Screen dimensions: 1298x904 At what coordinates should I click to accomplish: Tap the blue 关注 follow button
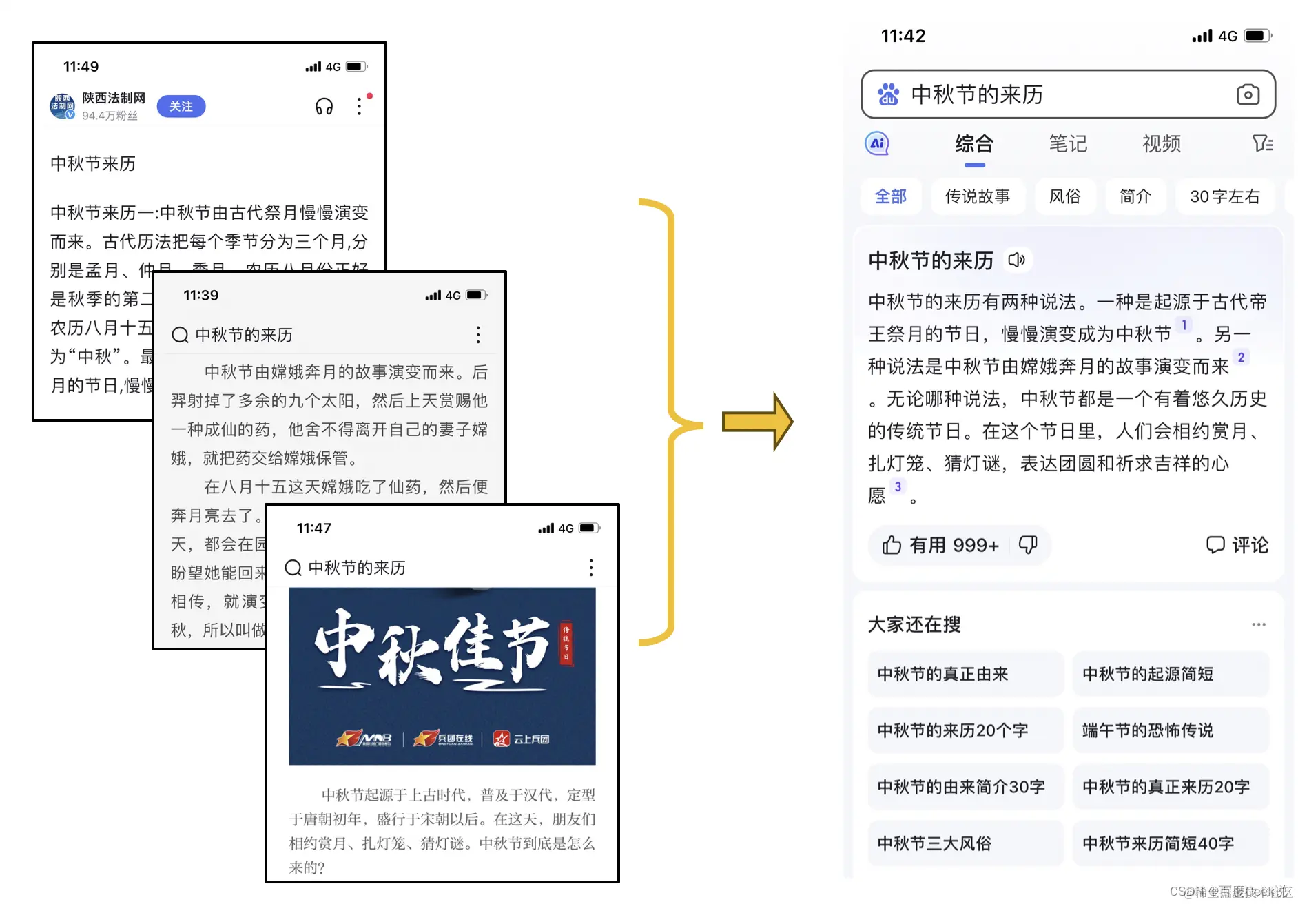pyautogui.click(x=181, y=107)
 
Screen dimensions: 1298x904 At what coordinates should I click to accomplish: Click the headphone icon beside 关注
pyautogui.click(x=324, y=107)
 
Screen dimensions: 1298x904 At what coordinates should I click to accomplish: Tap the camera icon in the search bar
pyautogui.click(x=1248, y=94)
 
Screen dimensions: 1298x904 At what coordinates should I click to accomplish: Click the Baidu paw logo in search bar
pyautogui.click(x=888, y=94)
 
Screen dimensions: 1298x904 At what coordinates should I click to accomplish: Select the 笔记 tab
pyautogui.click(x=1067, y=143)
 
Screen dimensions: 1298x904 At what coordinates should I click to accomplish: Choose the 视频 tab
pyautogui.click(x=1161, y=143)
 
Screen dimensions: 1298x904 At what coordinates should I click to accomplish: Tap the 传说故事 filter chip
pyautogui.click(x=977, y=196)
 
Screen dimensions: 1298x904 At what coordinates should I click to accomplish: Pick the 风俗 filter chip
pyautogui.click(x=1064, y=196)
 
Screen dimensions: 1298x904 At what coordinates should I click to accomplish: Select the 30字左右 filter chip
pyautogui.click(x=1224, y=196)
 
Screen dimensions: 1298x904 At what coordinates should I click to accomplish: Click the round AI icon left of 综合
pyautogui.click(x=877, y=143)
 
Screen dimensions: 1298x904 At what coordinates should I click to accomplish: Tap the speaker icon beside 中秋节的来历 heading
pyautogui.click(x=1017, y=260)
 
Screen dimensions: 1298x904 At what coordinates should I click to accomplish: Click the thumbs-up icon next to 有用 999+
pyautogui.click(x=892, y=545)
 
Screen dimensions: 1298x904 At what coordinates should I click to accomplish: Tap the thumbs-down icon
pyautogui.click(x=1028, y=545)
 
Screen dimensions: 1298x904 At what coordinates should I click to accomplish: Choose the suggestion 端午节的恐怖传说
pyautogui.click(x=1148, y=730)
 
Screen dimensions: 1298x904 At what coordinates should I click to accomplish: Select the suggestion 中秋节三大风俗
pyautogui.click(x=934, y=843)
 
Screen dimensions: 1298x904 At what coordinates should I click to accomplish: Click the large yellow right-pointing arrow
pyautogui.click(x=757, y=422)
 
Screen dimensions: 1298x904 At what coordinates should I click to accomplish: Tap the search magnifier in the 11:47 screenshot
pyautogui.click(x=293, y=568)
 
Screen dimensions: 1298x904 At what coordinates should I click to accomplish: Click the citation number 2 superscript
pyautogui.click(x=1241, y=358)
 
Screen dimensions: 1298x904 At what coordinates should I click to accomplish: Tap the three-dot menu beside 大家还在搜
pyautogui.click(x=1259, y=624)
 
